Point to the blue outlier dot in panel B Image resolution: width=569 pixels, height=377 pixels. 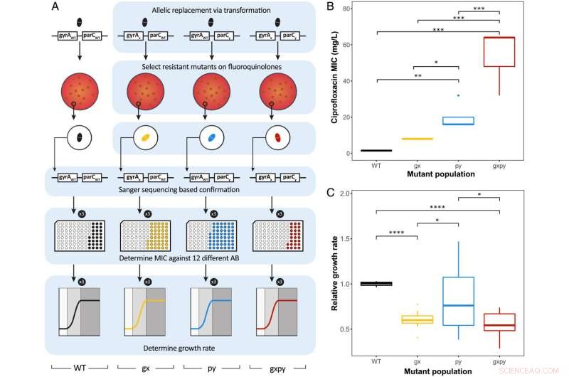[x=439, y=95]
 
